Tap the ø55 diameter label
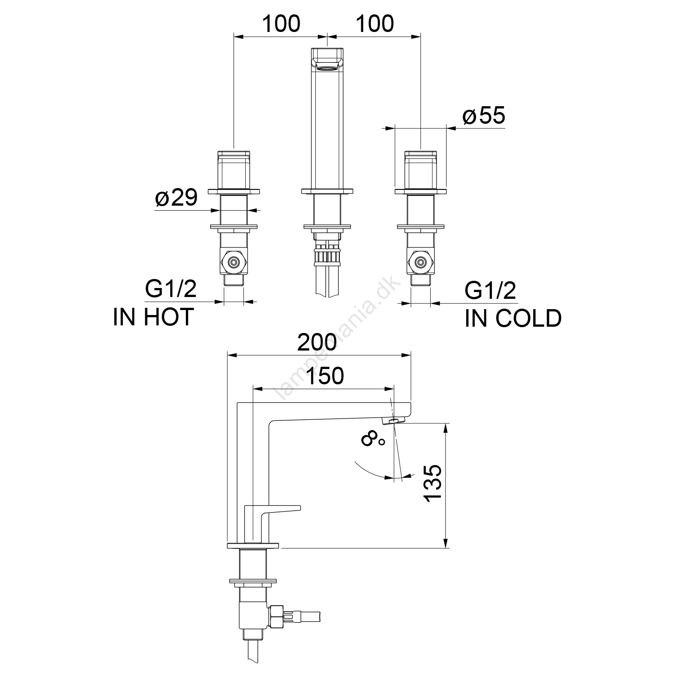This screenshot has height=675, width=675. coord(484,116)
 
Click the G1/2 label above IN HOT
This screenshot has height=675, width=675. coord(171,289)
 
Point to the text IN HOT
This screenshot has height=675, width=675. coord(153,317)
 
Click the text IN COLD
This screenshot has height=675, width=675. coord(513,318)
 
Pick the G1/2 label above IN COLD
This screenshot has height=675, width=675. coord(490,291)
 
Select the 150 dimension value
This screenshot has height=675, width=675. coord(325,376)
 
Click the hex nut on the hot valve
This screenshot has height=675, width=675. coord(233,262)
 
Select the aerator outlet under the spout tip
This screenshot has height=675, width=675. coord(392,420)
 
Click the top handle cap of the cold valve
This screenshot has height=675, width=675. coord(421,154)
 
